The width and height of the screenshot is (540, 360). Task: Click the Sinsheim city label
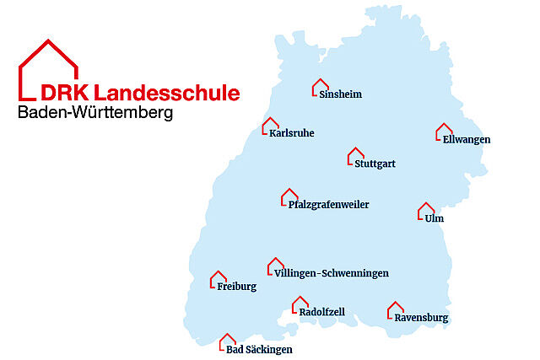pyautogui.click(x=341, y=94)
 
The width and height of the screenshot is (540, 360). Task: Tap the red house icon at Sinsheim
pyautogui.click(x=320, y=86)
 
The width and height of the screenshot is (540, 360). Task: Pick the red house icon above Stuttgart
pyautogui.click(x=355, y=156)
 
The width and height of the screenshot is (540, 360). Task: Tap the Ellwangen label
pyautogui.click(x=466, y=139)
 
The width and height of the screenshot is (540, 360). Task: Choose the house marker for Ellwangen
pyautogui.click(x=444, y=132)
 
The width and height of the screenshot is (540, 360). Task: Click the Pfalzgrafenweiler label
pyautogui.click(x=328, y=204)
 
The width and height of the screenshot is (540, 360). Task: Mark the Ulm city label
pyautogui.click(x=435, y=218)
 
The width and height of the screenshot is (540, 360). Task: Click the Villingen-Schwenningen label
pyautogui.click(x=332, y=273)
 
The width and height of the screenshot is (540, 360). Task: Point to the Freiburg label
pyautogui.click(x=236, y=287)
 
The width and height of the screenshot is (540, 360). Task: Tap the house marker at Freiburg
pyautogui.click(x=218, y=278)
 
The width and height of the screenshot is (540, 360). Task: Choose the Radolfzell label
pyautogui.click(x=322, y=312)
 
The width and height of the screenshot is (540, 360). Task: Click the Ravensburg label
pyautogui.click(x=421, y=318)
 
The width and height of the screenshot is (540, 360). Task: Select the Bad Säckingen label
pyautogui.click(x=262, y=349)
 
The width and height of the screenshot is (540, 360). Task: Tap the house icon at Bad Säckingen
pyautogui.click(x=227, y=341)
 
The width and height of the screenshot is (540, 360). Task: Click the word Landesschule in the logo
pyautogui.click(x=168, y=93)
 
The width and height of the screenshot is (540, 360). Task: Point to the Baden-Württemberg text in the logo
pyautogui.click(x=94, y=112)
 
